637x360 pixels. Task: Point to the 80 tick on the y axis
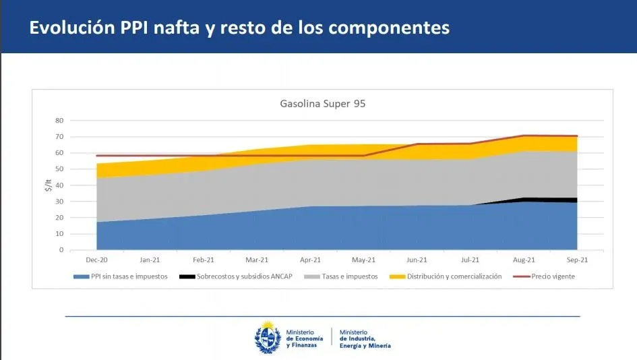(x=59, y=121)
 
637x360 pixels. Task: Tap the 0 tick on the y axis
(x=61, y=250)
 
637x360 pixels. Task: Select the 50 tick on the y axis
(x=59, y=169)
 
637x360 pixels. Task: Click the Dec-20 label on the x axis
(x=97, y=260)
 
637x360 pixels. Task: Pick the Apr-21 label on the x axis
(x=311, y=260)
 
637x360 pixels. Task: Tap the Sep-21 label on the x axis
(x=577, y=260)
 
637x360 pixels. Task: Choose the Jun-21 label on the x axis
(x=417, y=260)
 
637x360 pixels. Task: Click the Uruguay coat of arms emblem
(x=267, y=337)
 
